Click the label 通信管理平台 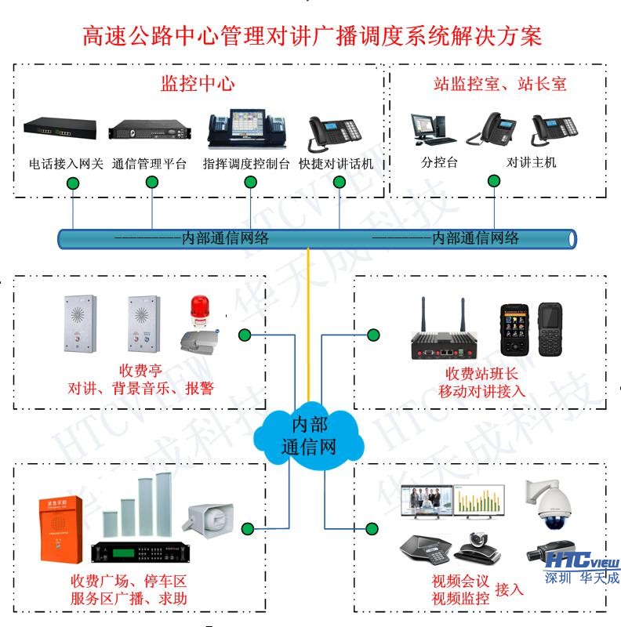pos(149,165)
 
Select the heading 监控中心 pos(198,84)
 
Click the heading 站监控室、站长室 pos(499,84)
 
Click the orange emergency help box pos(62,529)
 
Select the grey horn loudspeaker pos(212,518)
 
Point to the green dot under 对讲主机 pos(493,181)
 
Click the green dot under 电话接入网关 pos(73,183)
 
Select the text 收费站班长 pos(481,374)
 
